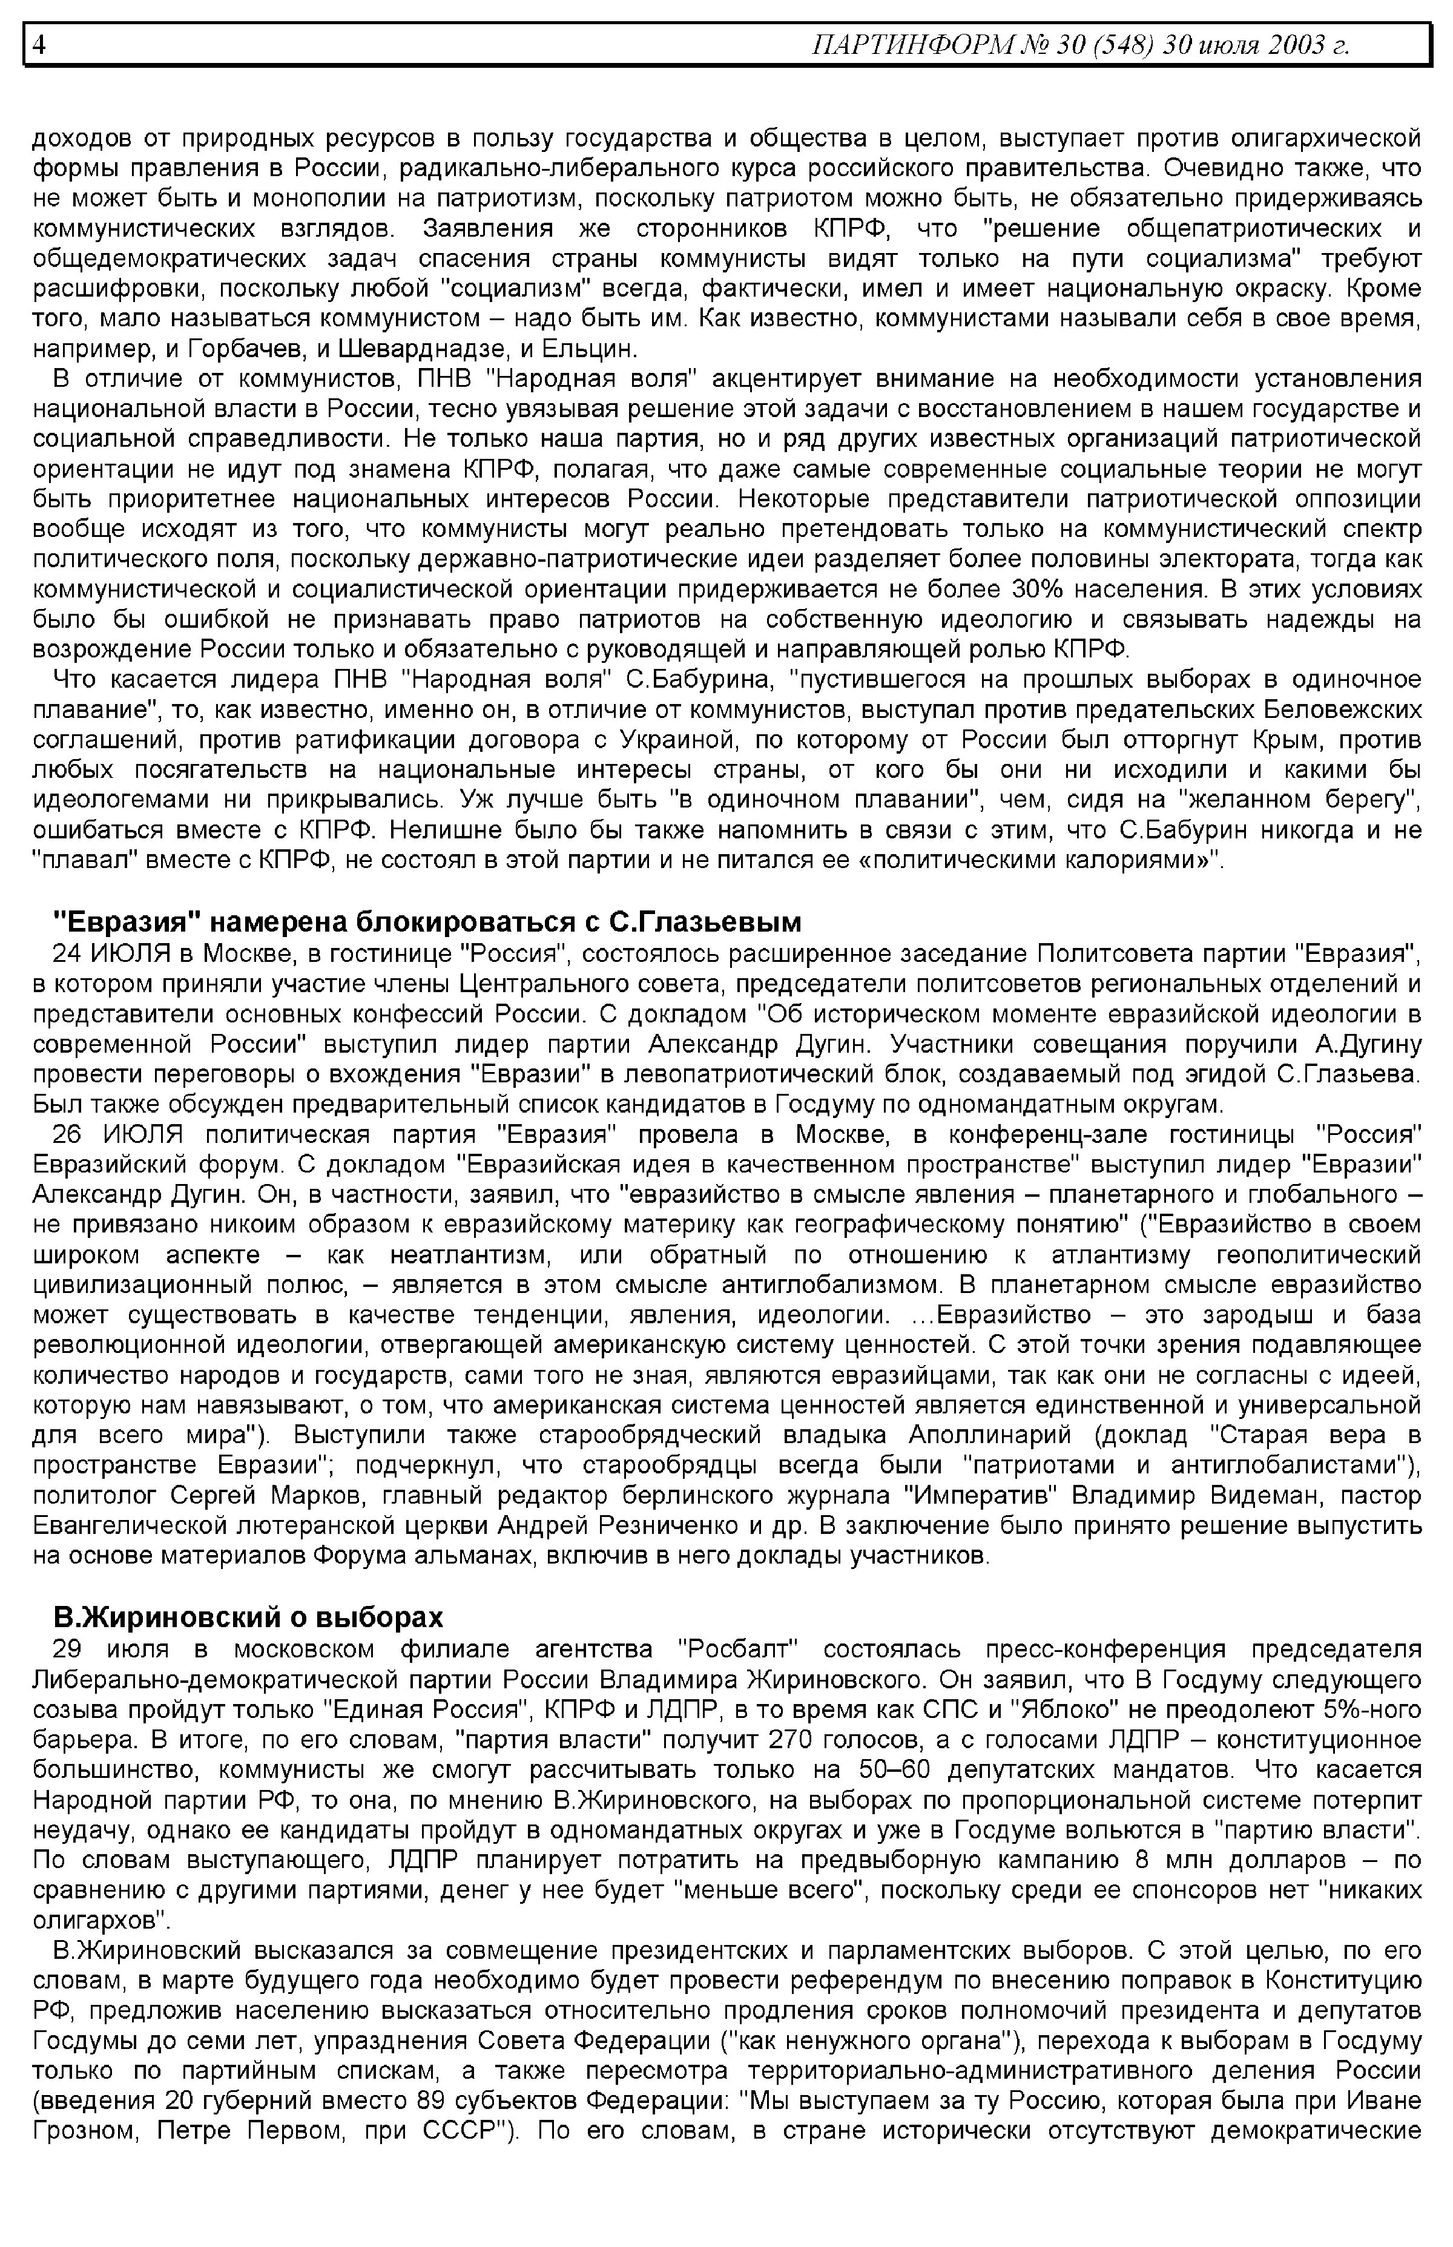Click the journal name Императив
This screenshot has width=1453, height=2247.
pyautogui.click(x=982, y=1496)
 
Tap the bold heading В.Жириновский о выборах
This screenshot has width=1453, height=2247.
pyautogui.click(x=247, y=1618)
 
